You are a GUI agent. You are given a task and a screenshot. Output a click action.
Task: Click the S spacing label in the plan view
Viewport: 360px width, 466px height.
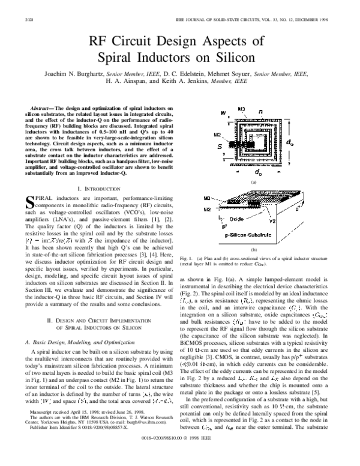pyautogui.click(x=219, y=145)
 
